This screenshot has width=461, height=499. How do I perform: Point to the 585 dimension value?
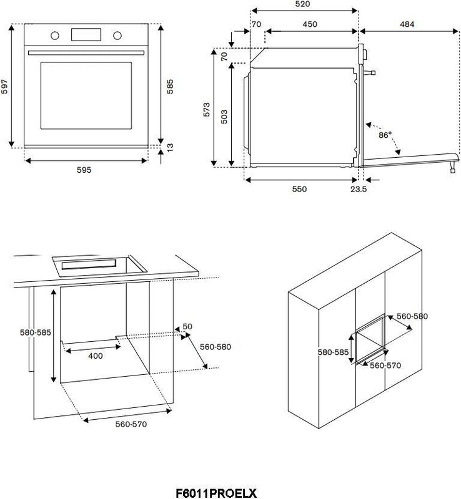click(169, 85)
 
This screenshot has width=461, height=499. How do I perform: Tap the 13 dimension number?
click(170, 147)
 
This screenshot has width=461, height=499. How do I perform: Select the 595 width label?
click(84, 170)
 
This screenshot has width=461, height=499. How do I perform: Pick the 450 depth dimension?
click(310, 24)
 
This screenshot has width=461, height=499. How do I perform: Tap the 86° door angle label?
click(385, 135)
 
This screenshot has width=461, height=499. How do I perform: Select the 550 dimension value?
click(299, 189)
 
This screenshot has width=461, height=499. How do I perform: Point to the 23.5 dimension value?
click(359, 189)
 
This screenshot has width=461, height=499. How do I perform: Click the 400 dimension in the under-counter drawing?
click(95, 356)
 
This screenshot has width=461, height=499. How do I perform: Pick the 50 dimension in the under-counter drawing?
click(187, 326)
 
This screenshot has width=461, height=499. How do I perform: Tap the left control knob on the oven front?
click(55, 34)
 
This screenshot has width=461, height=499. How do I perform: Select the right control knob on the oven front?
click(117, 34)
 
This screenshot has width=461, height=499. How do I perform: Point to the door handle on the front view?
click(86, 52)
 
